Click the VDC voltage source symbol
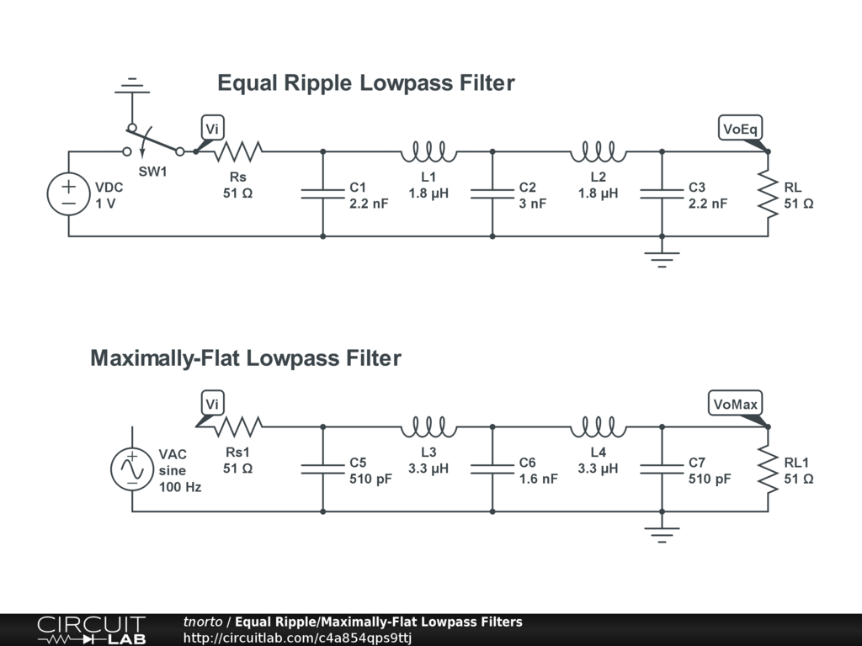click(x=68, y=194)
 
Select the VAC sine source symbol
click(x=132, y=469)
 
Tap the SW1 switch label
click(x=153, y=172)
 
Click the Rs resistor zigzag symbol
click(x=237, y=151)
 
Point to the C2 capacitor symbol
click(x=492, y=194)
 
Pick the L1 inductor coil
click(x=428, y=152)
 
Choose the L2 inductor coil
click(x=598, y=152)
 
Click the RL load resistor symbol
click(x=768, y=194)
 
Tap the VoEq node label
click(x=741, y=129)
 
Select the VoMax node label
click(x=735, y=405)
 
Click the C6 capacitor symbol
click(x=492, y=469)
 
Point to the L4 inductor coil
click(x=598, y=428)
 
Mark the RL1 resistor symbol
click(x=768, y=469)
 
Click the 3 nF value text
click(x=533, y=204)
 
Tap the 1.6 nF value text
click(x=539, y=479)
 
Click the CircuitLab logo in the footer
click(x=91, y=630)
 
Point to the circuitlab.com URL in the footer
click(x=297, y=638)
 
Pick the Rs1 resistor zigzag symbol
click(x=237, y=427)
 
